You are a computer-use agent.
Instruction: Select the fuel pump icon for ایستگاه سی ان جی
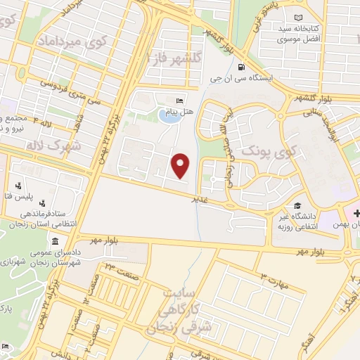point(242,68)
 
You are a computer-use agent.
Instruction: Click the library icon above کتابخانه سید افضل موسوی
point(300,17)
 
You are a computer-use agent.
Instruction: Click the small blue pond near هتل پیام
point(167,115)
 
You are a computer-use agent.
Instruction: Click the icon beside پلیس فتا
point(18,186)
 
